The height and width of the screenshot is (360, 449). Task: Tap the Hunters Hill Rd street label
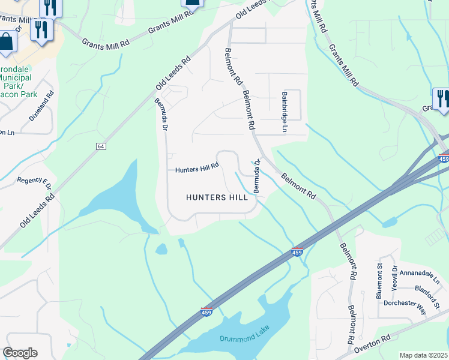(197, 169)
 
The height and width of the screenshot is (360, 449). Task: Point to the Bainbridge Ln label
(285, 112)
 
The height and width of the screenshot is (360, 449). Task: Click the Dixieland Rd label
(42, 106)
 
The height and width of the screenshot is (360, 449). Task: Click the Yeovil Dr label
(394, 277)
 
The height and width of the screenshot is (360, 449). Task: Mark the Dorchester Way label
(405, 304)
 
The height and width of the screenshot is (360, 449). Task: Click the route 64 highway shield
(100, 146)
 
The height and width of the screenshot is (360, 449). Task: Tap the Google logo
(20, 353)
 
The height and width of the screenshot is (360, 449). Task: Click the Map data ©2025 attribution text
(423, 355)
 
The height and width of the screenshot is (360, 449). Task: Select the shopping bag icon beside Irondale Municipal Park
(7, 43)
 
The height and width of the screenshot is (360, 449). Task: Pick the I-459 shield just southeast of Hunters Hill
(297, 251)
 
